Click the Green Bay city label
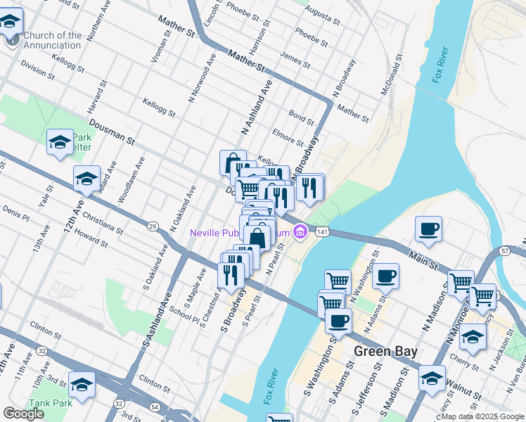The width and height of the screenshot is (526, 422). tap(386, 351)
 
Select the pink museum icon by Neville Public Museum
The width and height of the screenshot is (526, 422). tap(300, 231)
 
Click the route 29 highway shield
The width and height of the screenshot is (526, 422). tap(152, 226)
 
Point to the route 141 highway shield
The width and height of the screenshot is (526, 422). tap(322, 231)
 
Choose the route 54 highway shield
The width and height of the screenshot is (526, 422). tap(153, 408)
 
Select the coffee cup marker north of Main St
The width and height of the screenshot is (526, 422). tap(428, 229)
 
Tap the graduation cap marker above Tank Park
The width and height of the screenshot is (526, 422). tap(82, 385)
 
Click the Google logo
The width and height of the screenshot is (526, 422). tap(23, 414)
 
